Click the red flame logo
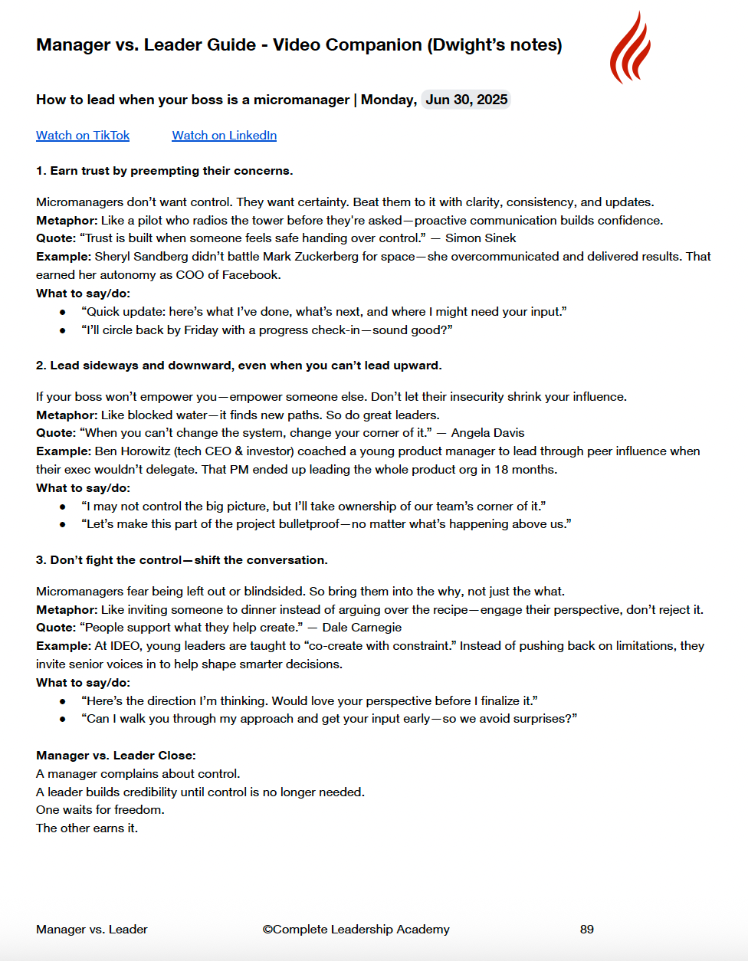click(630, 48)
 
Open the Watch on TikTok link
click(83, 136)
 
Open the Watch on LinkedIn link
click(224, 136)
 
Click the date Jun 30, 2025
click(466, 100)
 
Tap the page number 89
click(587, 929)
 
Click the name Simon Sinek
click(481, 238)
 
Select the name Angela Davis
click(487, 433)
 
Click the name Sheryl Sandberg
click(138, 257)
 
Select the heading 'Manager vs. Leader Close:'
click(116, 756)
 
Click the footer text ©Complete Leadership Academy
click(356, 929)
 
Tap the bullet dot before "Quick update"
click(63, 313)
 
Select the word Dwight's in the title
click(467, 45)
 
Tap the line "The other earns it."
click(87, 828)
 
